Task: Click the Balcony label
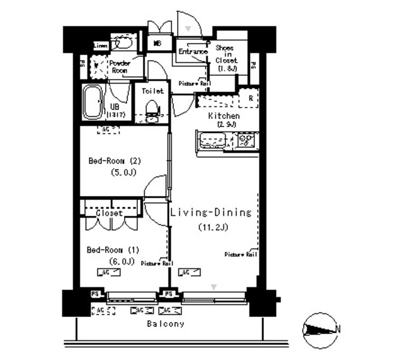[166, 324]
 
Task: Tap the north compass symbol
[321, 329]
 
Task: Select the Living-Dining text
[211, 213]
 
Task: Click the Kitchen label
[224, 116]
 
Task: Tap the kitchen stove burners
[245, 139]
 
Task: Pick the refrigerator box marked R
[251, 98]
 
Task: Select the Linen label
[101, 46]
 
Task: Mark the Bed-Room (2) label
[115, 160]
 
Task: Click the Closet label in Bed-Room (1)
[109, 213]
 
